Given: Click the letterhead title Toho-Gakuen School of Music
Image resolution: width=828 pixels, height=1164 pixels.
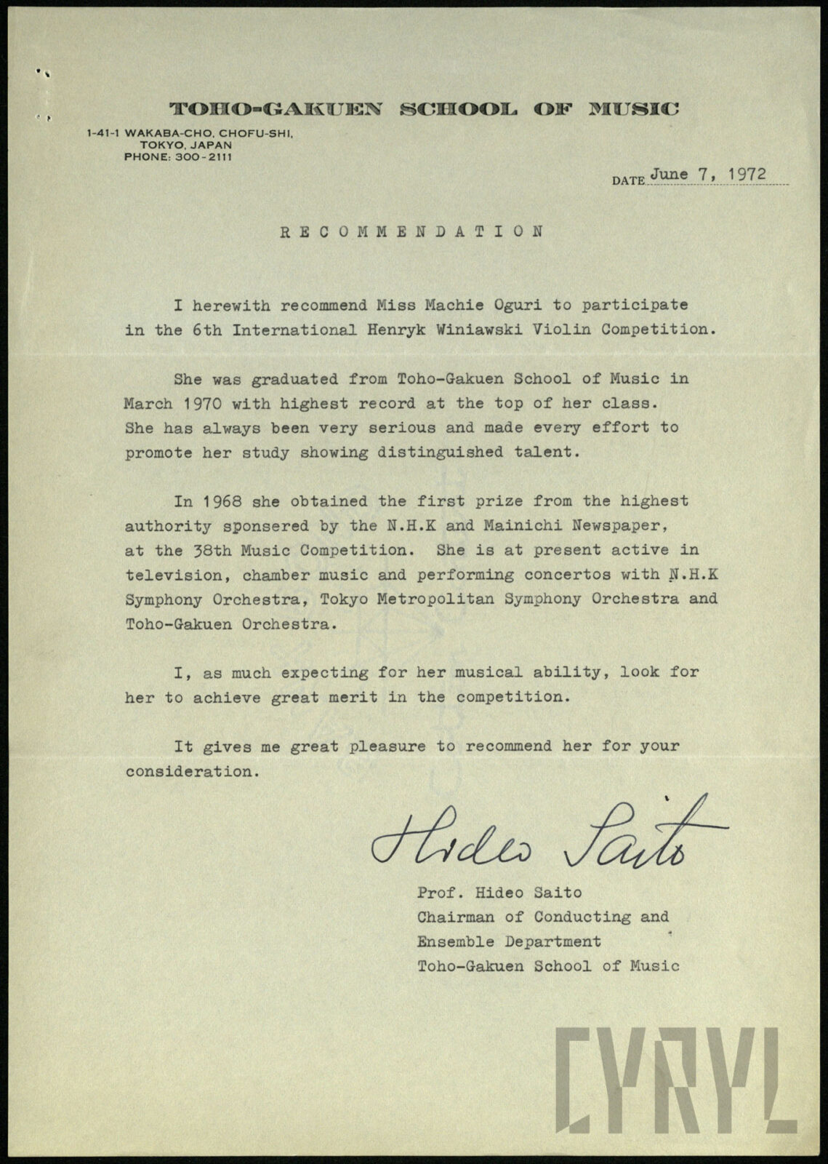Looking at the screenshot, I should point(425,110).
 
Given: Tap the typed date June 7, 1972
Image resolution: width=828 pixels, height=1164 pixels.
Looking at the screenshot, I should point(709,175).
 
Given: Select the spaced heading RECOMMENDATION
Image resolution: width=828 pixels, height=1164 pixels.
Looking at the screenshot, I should point(412,232).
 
